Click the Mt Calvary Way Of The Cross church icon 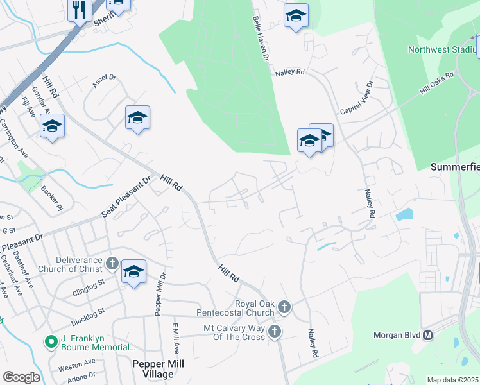(x=274, y=331)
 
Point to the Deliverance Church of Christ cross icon (x=111, y=263)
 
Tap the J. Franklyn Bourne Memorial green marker (x=49, y=342)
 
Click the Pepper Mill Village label (x=158, y=368)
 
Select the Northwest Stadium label (x=443, y=49)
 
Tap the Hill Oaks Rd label (x=437, y=84)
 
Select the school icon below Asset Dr (x=137, y=117)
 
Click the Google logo (x=21, y=377)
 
